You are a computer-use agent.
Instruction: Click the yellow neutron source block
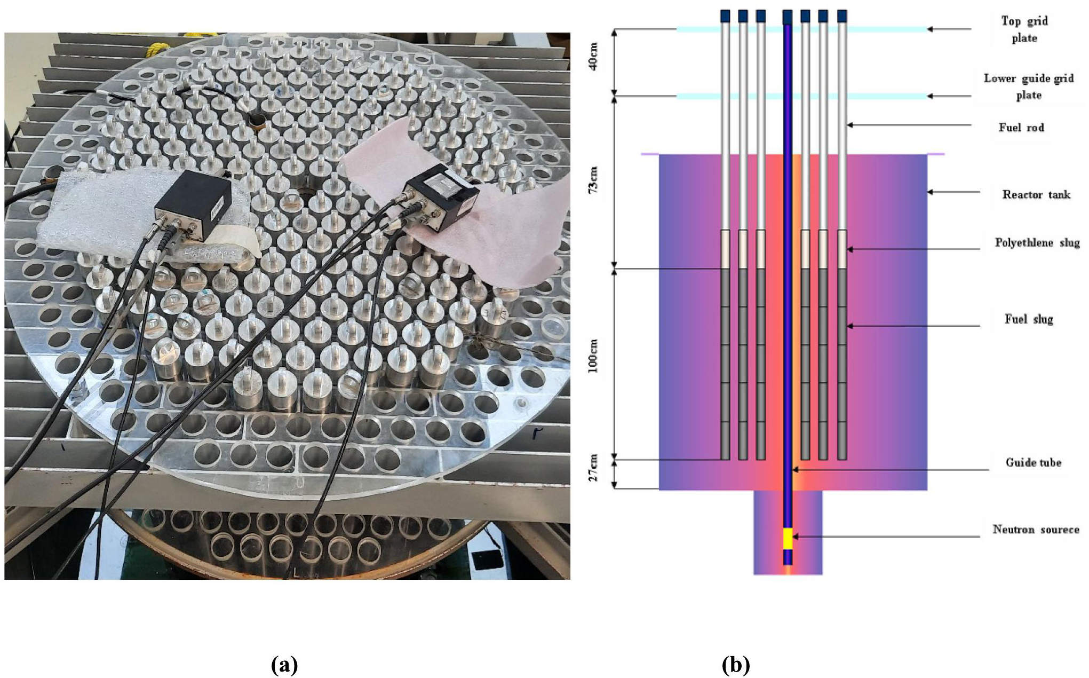pyautogui.click(x=788, y=538)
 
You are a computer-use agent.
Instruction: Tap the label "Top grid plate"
pyautogui.click(x=1024, y=29)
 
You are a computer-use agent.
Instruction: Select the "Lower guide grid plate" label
pyautogui.click(x=1028, y=86)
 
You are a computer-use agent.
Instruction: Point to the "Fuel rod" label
pyautogui.click(x=1021, y=128)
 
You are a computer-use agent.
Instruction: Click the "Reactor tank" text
pyautogui.click(x=1036, y=194)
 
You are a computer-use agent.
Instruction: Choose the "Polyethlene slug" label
pyautogui.click(x=1037, y=242)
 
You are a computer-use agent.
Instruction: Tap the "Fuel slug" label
pyautogui.click(x=1028, y=319)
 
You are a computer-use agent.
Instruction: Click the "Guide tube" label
pyautogui.click(x=1033, y=462)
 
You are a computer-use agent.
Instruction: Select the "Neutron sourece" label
pyautogui.click(x=1035, y=530)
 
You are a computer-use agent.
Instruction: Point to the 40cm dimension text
pyautogui.click(x=593, y=57)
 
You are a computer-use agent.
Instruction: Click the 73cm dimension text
pyautogui.click(x=593, y=179)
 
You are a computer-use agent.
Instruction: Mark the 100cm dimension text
pyautogui.click(x=593, y=356)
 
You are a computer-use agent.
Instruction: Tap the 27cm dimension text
pyautogui.click(x=593, y=468)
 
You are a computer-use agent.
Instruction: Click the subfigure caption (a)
pyautogui.click(x=284, y=665)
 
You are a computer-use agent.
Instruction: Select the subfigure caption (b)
pyautogui.click(x=736, y=665)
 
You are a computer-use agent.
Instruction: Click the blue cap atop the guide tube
pyautogui.click(x=787, y=17)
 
